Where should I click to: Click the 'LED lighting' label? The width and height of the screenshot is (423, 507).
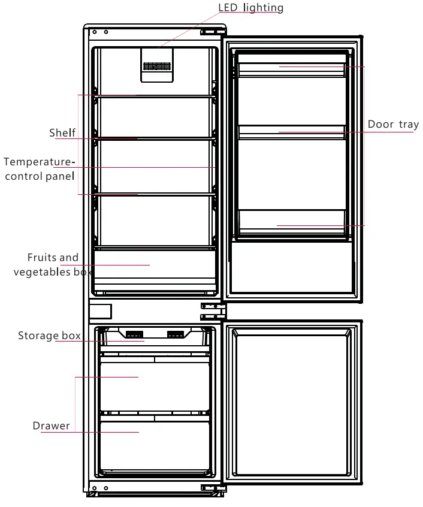pyautogui.click(x=250, y=8)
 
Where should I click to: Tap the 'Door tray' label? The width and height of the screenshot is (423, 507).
pyautogui.click(x=393, y=125)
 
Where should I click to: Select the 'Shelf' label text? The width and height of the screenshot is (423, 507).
pyautogui.click(x=62, y=132)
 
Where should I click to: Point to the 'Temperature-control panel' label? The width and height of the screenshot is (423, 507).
pyautogui.click(x=40, y=169)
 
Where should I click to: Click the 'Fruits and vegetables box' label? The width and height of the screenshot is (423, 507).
pyautogui.click(x=53, y=265)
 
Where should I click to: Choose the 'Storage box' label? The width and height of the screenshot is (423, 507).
pyautogui.click(x=49, y=336)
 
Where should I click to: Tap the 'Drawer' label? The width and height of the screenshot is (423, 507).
pyautogui.click(x=52, y=426)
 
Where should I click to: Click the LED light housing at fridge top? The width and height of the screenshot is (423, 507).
pyautogui.click(x=156, y=64)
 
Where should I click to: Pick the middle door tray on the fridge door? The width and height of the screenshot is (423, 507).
pyautogui.click(x=292, y=131)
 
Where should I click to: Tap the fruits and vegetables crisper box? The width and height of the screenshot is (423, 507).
pyautogui.click(x=154, y=267)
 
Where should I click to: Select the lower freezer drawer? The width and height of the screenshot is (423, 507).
pyautogui.click(x=155, y=443)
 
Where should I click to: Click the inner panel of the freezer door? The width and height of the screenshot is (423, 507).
pyautogui.click(x=292, y=400)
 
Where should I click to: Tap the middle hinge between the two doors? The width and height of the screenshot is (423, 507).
pyautogui.click(x=212, y=310)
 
